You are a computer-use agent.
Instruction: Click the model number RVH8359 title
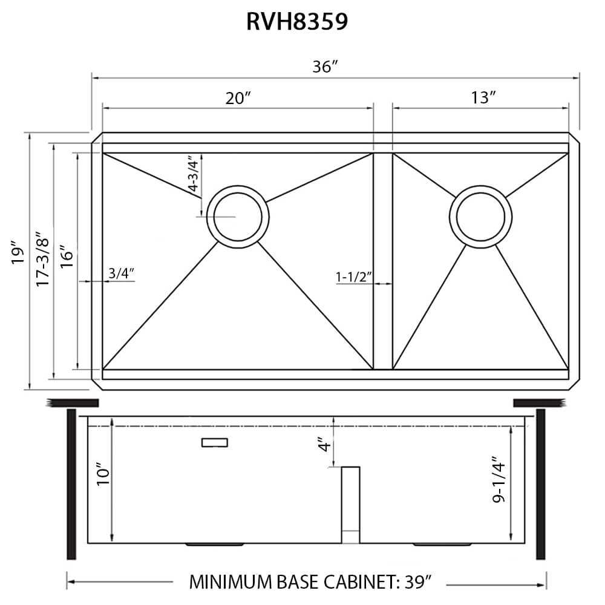click(297, 22)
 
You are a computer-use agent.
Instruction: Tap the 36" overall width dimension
click(325, 67)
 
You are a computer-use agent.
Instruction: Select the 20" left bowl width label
click(238, 98)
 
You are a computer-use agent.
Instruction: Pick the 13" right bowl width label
click(484, 98)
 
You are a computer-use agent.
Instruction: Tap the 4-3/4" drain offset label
click(193, 174)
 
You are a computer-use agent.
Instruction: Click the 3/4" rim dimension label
click(121, 273)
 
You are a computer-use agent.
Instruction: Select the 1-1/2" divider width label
click(353, 277)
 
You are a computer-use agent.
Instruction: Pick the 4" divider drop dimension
click(325, 446)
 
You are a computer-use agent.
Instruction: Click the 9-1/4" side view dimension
click(499, 479)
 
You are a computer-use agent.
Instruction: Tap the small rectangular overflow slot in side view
click(214, 443)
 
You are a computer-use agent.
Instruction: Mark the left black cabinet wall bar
click(71, 484)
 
